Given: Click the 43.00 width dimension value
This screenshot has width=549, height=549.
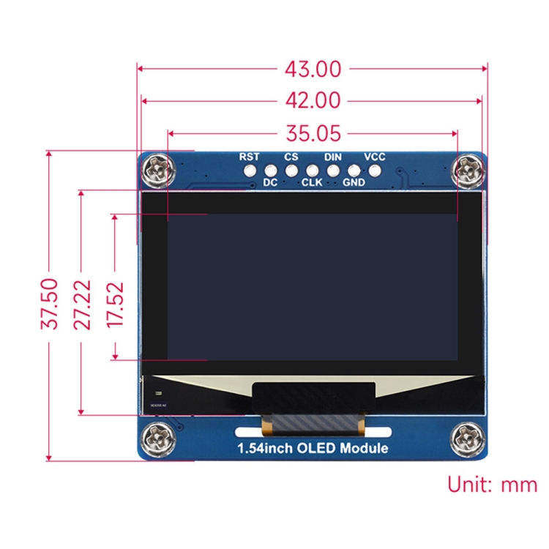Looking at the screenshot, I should [x=313, y=70].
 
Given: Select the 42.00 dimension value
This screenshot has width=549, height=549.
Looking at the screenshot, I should [x=313, y=101].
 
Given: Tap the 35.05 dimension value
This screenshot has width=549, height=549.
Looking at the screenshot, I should [x=313, y=133].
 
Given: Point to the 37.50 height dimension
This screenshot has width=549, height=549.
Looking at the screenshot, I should [x=49, y=305].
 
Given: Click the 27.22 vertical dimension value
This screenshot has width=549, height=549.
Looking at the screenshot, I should [x=82, y=305].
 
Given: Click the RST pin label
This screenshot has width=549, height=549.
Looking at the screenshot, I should [x=249, y=157].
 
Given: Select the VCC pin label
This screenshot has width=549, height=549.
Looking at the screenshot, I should [x=375, y=157].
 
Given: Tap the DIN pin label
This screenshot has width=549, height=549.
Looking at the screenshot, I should [x=333, y=157].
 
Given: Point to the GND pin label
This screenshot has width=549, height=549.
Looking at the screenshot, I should [x=354, y=183].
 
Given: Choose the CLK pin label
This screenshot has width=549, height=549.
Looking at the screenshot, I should [x=312, y=183].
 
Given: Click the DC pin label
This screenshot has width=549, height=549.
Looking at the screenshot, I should [x=270, y=183].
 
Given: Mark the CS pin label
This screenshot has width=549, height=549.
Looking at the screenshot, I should [x=291, y=157].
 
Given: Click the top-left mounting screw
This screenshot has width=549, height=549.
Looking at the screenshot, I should [x=158, y=171].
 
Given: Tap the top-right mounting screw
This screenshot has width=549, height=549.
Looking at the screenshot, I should [x=466, y=171].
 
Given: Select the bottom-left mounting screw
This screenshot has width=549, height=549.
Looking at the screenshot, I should [x=158, y=439].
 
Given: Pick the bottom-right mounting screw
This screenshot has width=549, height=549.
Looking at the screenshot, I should [x=466, y=439].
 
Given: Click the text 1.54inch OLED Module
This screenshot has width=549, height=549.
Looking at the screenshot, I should [x=312, y=448].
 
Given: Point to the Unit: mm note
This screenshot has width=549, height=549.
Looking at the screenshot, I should [x=492, y=485].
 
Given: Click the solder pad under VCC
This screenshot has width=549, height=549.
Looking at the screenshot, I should [x=376, y=171].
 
